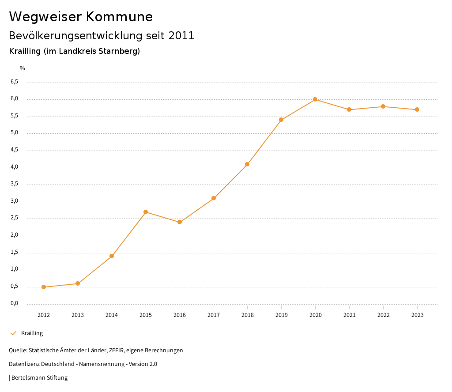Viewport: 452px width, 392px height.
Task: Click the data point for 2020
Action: pos(315,99)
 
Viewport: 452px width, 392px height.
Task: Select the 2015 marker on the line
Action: pos(146,212)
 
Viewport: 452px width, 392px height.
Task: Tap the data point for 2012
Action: pos(44,287)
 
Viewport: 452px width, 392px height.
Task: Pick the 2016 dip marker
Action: pos(180,222)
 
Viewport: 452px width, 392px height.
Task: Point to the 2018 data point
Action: pos(247,164)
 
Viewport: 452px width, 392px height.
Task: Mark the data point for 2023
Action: pos(417,109)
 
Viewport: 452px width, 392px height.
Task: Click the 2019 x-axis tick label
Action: pos(281,315)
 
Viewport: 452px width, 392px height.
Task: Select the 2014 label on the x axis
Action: pos(112,315)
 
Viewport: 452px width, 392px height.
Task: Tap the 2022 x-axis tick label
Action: pos(383,315)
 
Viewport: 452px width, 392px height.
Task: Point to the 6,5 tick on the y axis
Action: pos(14,82)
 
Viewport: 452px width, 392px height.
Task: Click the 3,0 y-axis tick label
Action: pos(14,201)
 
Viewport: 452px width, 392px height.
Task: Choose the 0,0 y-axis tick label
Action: pos(14,303)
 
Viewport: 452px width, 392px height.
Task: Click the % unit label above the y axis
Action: pos(23,68)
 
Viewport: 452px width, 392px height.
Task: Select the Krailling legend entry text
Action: pos(32,333)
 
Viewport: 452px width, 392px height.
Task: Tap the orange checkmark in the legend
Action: pos(13,333)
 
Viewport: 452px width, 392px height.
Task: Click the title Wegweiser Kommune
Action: pos(81,17)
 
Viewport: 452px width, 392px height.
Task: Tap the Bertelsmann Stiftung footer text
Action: pos(39,377)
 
